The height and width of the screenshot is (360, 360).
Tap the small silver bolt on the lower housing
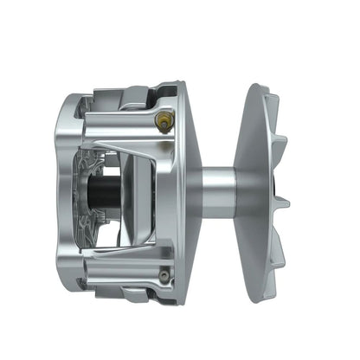click(x=163, y=276)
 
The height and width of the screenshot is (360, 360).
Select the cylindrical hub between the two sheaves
click(x=218, y=192)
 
